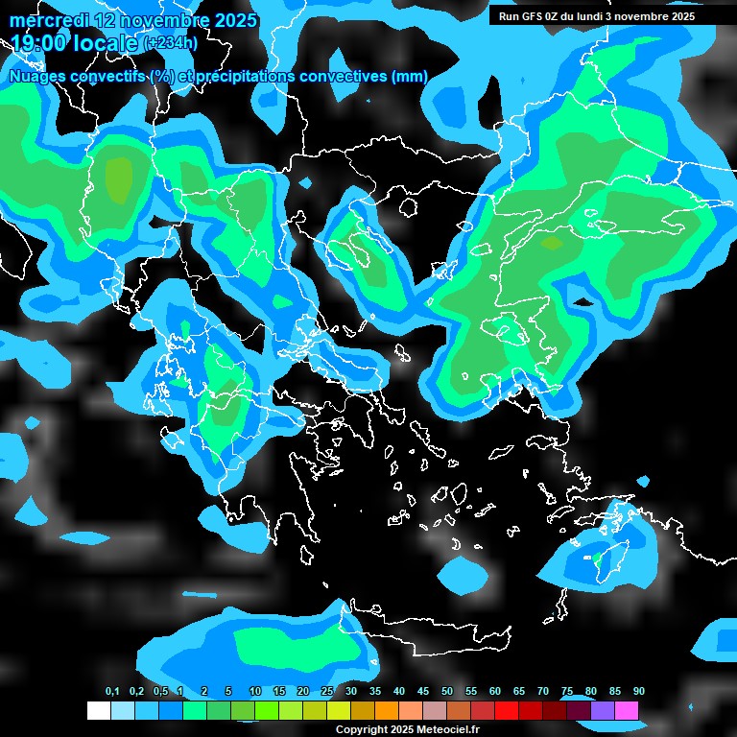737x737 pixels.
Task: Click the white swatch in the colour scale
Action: [98, 710]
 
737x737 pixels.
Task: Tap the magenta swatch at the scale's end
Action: [627, 710]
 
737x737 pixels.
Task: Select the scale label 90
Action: [638, 692]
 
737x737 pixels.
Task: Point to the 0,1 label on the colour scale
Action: [112, 692]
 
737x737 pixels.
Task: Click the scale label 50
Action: [447, 692]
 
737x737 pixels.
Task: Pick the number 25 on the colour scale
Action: [327, 692]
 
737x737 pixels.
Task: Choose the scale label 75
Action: [567, 692]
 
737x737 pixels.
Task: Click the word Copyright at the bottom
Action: [361, 729]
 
